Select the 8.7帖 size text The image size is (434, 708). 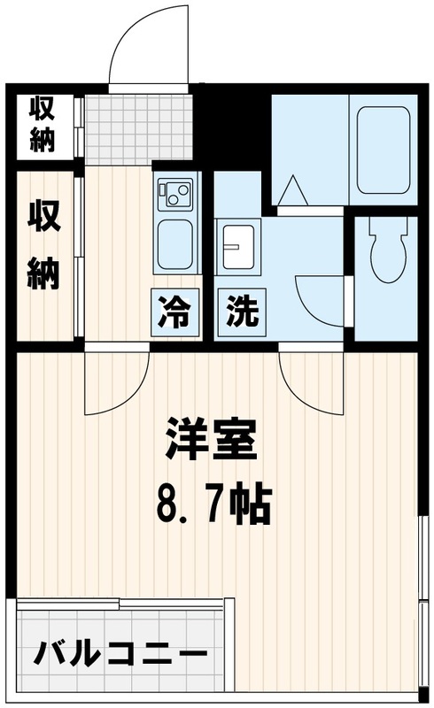pyautogui.click(x=213, y=504)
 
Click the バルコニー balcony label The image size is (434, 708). pyautogui.click(x=120, y=658)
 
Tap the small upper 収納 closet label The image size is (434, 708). pyautogui.click(x=42, y=124)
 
